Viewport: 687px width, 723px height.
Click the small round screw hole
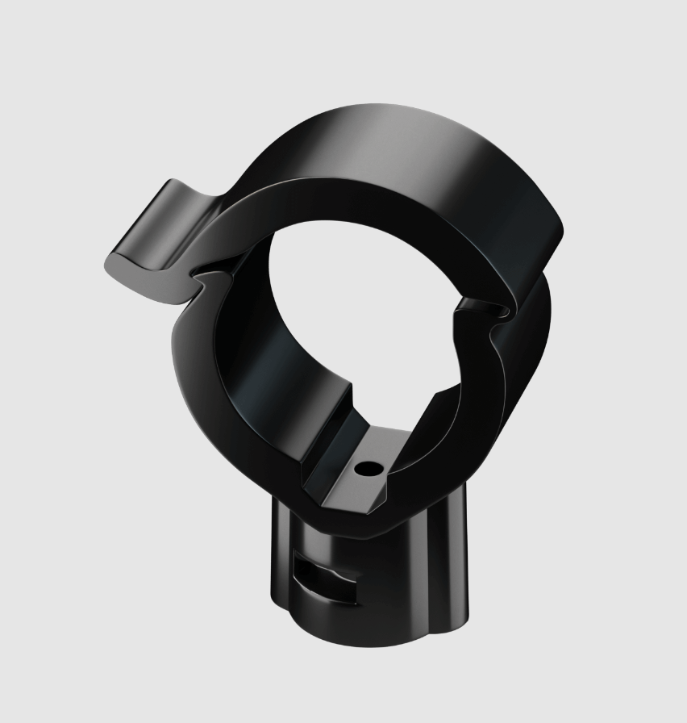367,467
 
